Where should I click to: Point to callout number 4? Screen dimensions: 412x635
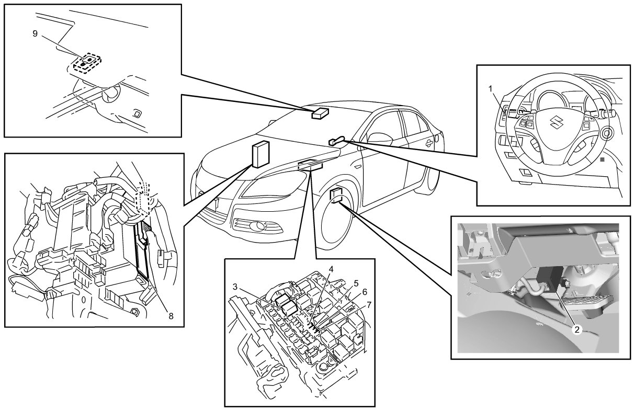click(x=331, y=268)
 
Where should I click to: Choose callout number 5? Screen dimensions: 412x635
click(x=356, y=283)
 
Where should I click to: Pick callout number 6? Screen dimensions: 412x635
click(x=364, y=291)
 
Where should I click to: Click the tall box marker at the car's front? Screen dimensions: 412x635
click(x=261, y=154)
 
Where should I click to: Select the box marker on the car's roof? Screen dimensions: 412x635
click(x=320, y=113)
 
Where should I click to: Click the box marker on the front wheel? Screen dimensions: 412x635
click(x=337, y=194)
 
